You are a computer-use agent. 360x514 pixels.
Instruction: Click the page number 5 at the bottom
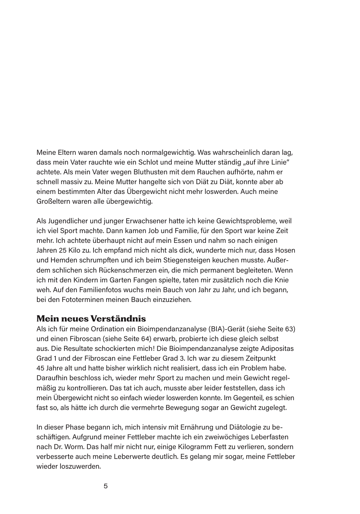[x=105, y=486]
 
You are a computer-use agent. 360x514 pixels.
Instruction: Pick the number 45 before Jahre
[x=41, y=368]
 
